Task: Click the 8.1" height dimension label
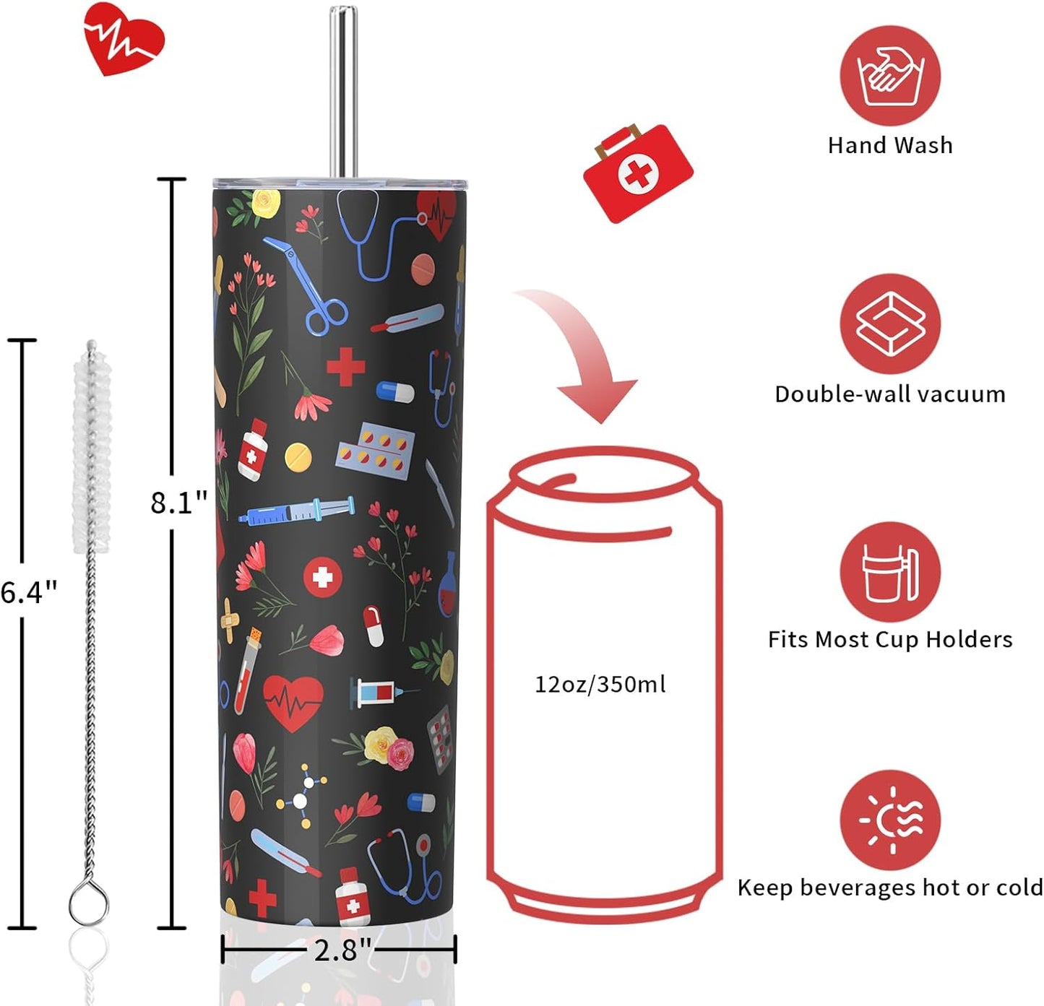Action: click(178, 503)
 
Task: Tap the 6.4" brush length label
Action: click(28, 592)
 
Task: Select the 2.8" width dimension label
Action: click(342, 951)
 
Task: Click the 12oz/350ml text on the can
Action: click(600, 685)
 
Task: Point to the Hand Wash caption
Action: click(890, 145)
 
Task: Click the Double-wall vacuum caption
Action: click(890, 394)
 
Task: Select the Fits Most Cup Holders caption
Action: click(890, 640)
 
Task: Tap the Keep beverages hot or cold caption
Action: click(890, 888)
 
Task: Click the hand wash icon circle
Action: click(890, 76)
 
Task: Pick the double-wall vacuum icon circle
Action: click(890, 324)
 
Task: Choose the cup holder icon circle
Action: click(890, 572)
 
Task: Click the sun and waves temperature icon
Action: click(890, 820)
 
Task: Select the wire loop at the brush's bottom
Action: click(89, 903)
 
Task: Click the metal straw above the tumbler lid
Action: click(343, 91)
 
